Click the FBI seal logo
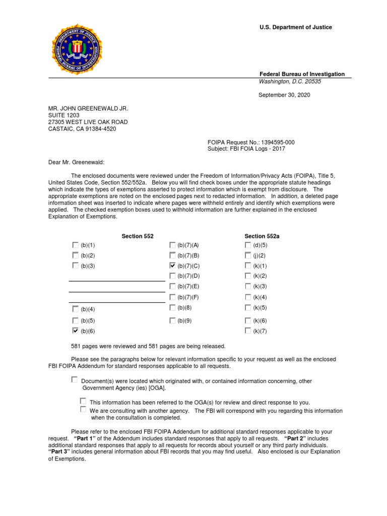[x=77, y=50]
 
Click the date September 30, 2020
[x=284, y=95]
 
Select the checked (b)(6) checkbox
[x=75, y=331]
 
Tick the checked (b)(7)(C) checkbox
[x=173, y=265]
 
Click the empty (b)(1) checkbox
[x=75, y=245]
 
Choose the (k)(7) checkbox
[x=247, y=331]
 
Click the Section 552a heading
[x=262, y=236]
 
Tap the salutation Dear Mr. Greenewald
[x=77, y=162]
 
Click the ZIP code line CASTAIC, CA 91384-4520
[x=82, y=129]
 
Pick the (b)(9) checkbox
[x=173, y=320]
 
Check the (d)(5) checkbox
[x=247, y=245]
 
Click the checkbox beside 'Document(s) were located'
[x=75, y=379]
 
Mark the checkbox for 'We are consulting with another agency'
[x=83, y=410]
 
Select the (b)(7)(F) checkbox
[x=173, y=297]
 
